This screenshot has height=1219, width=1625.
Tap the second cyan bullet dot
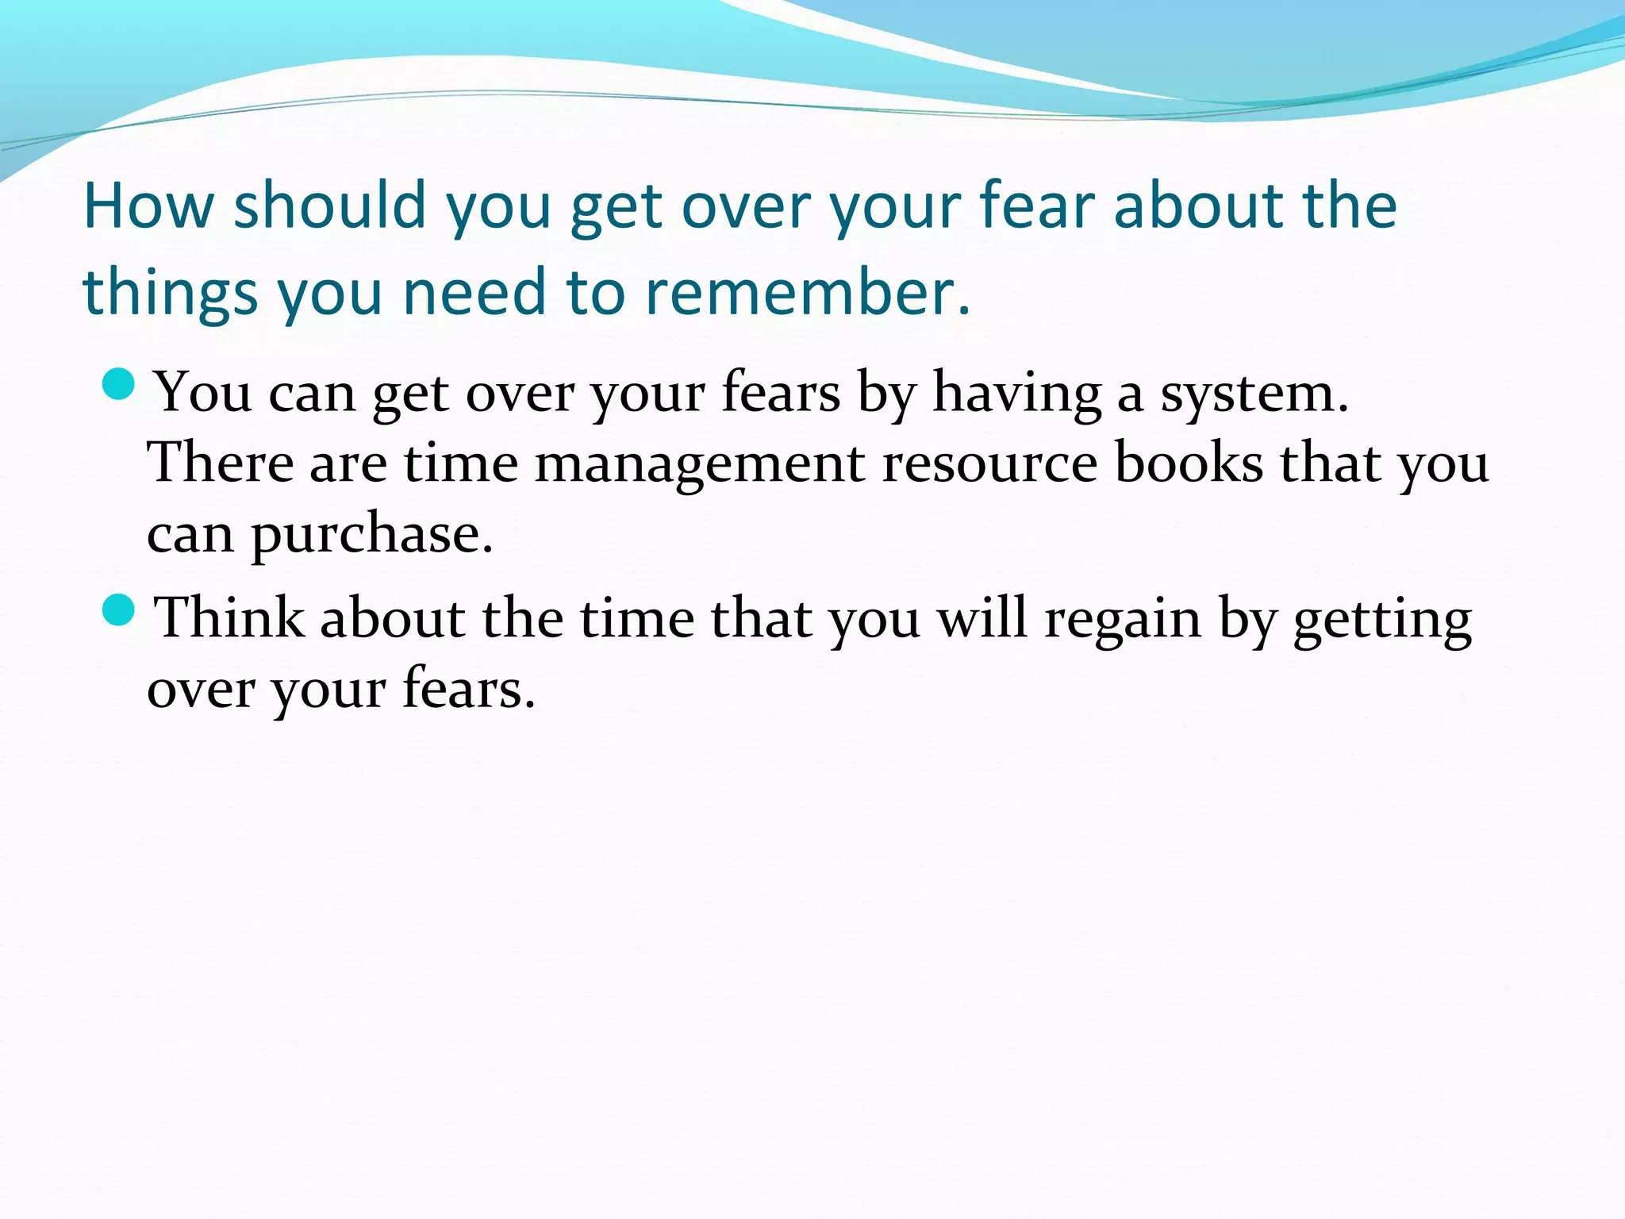[119, 610]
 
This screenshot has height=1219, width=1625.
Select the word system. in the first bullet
[1254, 392]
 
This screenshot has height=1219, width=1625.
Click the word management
[699, 463]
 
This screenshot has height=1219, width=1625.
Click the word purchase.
[372, 535]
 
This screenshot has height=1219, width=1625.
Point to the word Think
[229, 617]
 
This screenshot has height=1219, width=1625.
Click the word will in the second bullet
[982, 617]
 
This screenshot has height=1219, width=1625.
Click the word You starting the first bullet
[202, 392]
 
